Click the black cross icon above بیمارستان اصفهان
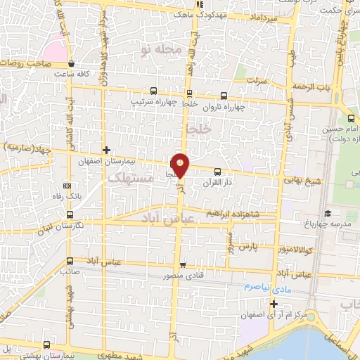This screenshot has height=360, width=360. [x=106, y=150]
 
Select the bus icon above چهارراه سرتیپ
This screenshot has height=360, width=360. [x=153, y=91]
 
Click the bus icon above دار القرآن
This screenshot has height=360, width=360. [x=217, y=172]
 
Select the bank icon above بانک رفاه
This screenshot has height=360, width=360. [x=67, y=185]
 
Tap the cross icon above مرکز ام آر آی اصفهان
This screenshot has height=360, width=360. [x=274, y=304]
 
